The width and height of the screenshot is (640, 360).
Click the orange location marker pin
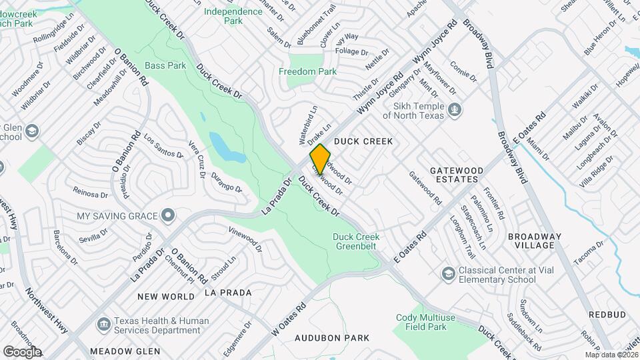pyautogui.click(x=320, y=159)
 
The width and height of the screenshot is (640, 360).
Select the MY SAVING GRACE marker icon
pyautogui.click(x=168, y=215)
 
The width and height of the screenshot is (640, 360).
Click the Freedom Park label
pyautogui.click(x=307, y=71)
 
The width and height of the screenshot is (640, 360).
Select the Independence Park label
pyautogui.click(x=233, y=16)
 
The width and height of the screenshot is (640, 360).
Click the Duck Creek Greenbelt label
pyautogui.click(x=356, y=242)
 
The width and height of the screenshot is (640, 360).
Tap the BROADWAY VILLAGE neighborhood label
pyautogui.click(x=535, y=241)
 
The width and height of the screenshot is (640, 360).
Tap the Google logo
pyautogui.click(x=22, y=351)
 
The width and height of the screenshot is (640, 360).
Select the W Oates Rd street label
pyautogui.click(x=288, y=319)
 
